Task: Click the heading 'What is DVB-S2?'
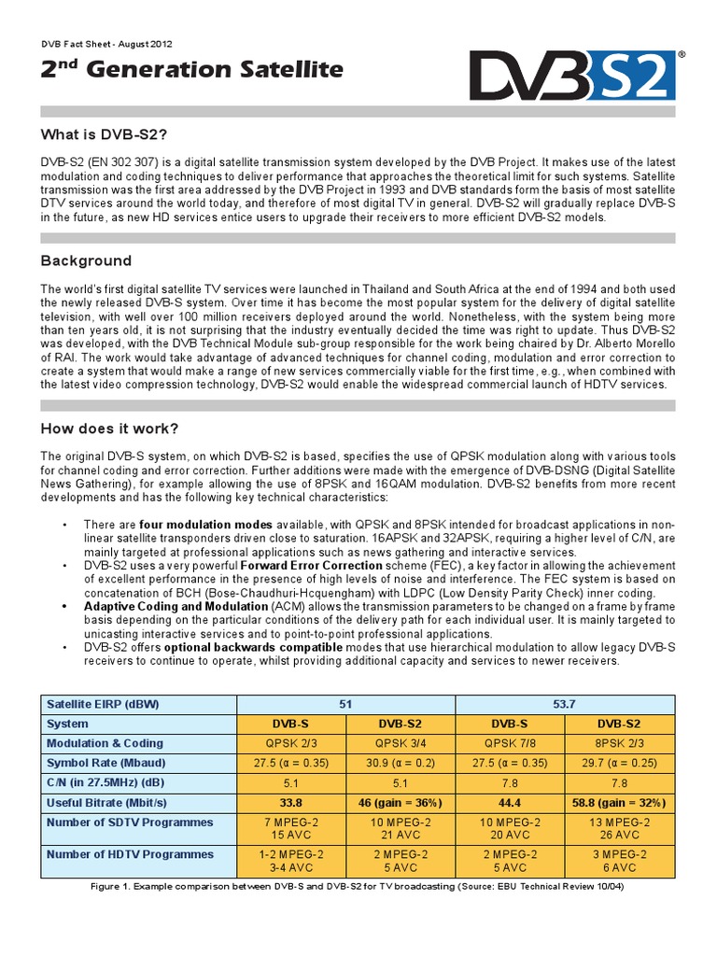point(104,135)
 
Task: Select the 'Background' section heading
point(86,260)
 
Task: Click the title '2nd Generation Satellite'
point(191,70)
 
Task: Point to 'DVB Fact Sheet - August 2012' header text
point(106,44)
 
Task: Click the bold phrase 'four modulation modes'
point(219,524)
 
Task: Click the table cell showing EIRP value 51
point(345,704)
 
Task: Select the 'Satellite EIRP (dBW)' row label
point(103,704)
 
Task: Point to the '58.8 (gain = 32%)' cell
point(617,802)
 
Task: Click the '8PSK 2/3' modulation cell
point(617,743)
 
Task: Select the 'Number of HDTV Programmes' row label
point(130,854)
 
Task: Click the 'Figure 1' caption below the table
point(358,886)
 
